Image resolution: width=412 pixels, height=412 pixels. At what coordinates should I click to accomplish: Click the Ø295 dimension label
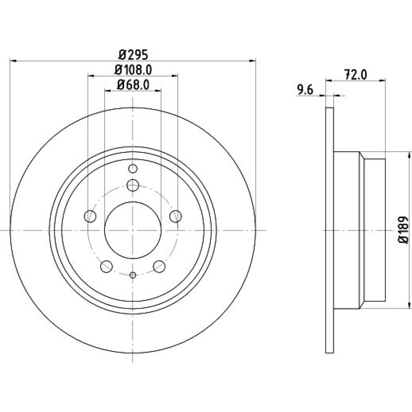pos(133,55)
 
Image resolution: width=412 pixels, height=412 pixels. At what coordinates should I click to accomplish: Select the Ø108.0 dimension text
pos(133,70)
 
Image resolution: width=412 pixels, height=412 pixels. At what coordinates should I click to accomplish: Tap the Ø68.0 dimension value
pos(133,84)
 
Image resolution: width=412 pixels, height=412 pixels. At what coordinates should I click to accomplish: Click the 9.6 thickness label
pos(305,90)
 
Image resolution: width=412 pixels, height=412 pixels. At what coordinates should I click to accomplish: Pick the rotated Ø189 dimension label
pos(403,230)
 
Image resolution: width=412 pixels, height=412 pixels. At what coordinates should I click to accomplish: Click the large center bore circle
pos(133,202)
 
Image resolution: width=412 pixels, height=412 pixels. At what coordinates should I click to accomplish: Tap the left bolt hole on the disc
pos(90,216)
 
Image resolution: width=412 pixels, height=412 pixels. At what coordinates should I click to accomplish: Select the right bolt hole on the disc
pos(176,216)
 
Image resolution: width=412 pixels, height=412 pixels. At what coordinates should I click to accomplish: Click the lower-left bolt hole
pos(106,266)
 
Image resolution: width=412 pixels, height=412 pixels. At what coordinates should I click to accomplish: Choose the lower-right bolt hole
pos(159,266)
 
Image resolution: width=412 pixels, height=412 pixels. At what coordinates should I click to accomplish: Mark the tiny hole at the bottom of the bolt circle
pos(133,275)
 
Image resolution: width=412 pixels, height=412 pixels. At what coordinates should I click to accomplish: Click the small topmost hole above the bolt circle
pos(133,169)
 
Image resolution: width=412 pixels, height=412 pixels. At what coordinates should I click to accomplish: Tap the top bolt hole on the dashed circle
pos(133,185)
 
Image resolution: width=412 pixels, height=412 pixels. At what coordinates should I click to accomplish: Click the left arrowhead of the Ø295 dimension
pos(13,61)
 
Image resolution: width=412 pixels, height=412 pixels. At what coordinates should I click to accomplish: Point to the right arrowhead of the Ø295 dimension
pos(252,61)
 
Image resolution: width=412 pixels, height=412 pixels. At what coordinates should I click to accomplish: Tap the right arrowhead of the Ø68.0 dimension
pos(158,91)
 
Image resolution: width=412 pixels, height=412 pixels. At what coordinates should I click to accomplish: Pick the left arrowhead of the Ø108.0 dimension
pos(91,76)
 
